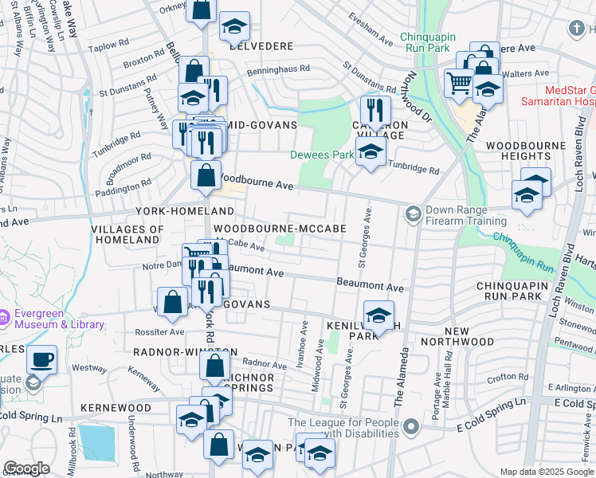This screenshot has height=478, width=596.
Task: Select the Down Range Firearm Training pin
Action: coord(413,214)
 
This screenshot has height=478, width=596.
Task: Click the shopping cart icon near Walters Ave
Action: coord(459,83)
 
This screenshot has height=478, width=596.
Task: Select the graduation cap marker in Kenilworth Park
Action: coord(379,315)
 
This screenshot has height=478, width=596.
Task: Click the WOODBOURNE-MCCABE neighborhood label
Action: coord(290,229)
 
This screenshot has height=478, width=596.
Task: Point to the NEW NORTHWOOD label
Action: coord(469,336)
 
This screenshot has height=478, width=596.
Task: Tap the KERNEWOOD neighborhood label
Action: coord(116,407)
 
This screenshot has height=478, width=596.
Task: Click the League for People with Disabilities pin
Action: coord(411,428)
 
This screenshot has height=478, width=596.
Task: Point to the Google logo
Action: coord(26,468)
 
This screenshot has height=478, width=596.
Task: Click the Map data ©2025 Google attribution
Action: coord(547,472)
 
